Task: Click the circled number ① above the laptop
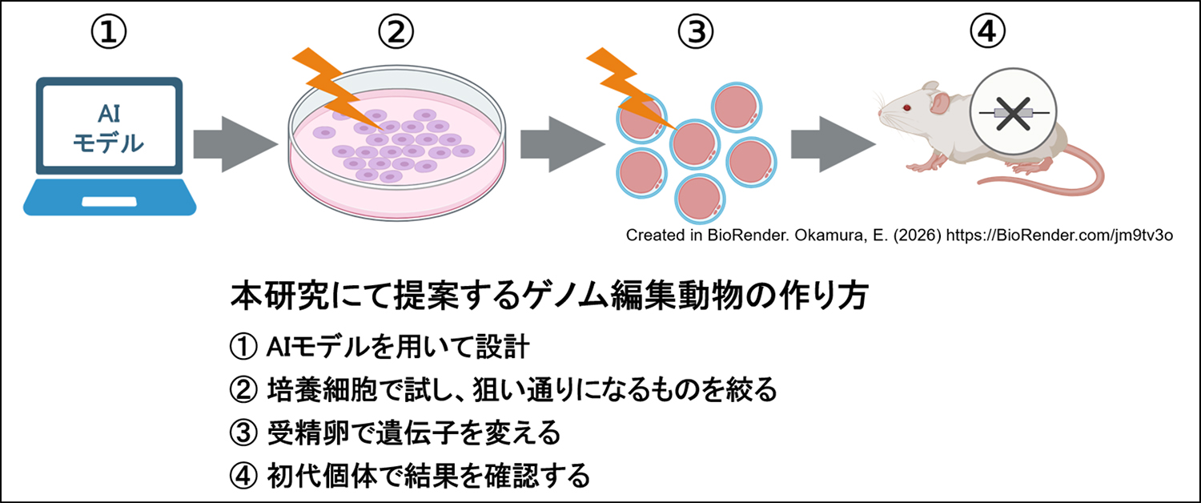tap(110, 32)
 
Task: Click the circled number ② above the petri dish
tap(396, 32)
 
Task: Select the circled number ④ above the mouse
tap(988, 32)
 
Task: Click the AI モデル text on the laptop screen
tap(109, 128)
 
